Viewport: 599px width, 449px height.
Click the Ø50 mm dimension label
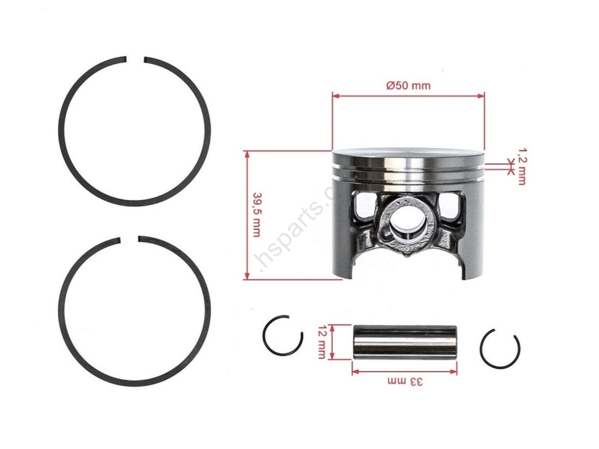(x=409, y=85)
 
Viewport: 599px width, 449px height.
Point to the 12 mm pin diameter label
(x=321, y=342)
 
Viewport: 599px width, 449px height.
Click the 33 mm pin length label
(x=405, y=382)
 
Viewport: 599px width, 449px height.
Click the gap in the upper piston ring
(x=135, y=60)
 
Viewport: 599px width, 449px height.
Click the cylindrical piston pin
(x=404, y=342)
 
